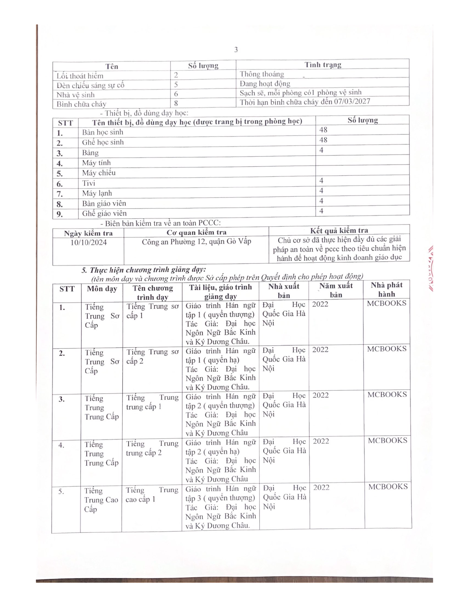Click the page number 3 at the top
[x=236, y=50]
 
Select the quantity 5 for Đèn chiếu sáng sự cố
[x=176, y=84]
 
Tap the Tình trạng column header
[x=323, y=65]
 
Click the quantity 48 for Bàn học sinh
[x=323, y=130]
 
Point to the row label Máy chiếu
[x=99, y=173]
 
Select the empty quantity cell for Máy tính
[x=362, y=160]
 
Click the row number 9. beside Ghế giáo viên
[x=60, y=214]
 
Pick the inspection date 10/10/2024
[x=88, y=243]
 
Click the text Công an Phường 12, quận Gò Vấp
[x=196, y=241]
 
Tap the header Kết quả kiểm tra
[x=339, y=230]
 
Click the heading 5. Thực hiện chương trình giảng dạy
[x=144, y=270]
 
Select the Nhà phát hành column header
[x=386, y=289]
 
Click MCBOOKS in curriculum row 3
[x=387, y=395]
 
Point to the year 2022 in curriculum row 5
[x=321, y=488]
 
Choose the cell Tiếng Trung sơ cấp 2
[x=152, y=356]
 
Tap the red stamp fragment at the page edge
[x=431, y=268]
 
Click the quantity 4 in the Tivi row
[x=321, y=181]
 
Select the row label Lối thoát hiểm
[x=80, y=76]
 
